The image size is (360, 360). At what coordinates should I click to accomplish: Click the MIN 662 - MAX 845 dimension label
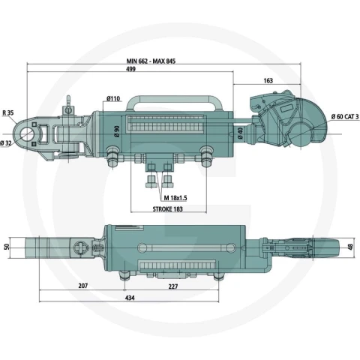click(x=151, y=61)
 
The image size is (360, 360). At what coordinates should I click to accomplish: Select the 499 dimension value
click(x=130, y=69)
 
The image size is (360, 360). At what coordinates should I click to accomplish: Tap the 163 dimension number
click(x=268, y=81)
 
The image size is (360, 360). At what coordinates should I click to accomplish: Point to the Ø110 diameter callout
click(x=113, y=98)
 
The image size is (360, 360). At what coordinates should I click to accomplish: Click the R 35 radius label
click(x=8, y=112)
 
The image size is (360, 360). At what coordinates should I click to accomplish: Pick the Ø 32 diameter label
click(x=6, y=143)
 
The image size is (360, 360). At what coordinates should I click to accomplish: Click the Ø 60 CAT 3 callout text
click(x=345, y=117)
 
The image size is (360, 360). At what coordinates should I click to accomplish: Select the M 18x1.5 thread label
click(x=175, y=198)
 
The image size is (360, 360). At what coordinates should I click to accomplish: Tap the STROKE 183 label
click(x=168, y=209)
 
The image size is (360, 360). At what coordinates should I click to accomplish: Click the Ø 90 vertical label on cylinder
click(x=117, y=131)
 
